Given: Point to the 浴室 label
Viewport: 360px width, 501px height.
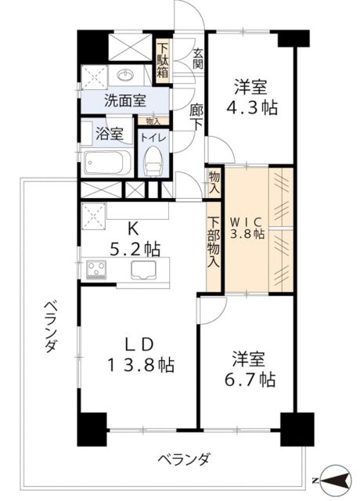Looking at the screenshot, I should click(109, 134).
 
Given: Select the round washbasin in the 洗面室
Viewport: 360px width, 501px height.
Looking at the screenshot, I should click(126, 76).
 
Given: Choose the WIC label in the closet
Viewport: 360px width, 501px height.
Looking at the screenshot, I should click(247, 222).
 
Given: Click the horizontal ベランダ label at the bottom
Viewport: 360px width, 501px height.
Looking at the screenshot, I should click(182, 459).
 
